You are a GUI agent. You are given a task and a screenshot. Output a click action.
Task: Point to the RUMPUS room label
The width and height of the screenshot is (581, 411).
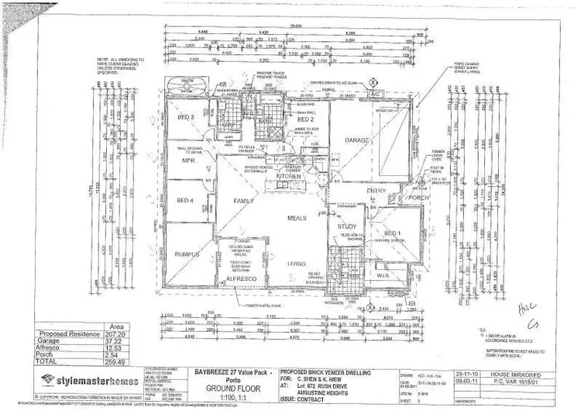pos(187,254)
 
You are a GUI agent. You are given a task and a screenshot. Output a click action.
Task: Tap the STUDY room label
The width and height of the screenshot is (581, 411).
pos(346,226)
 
